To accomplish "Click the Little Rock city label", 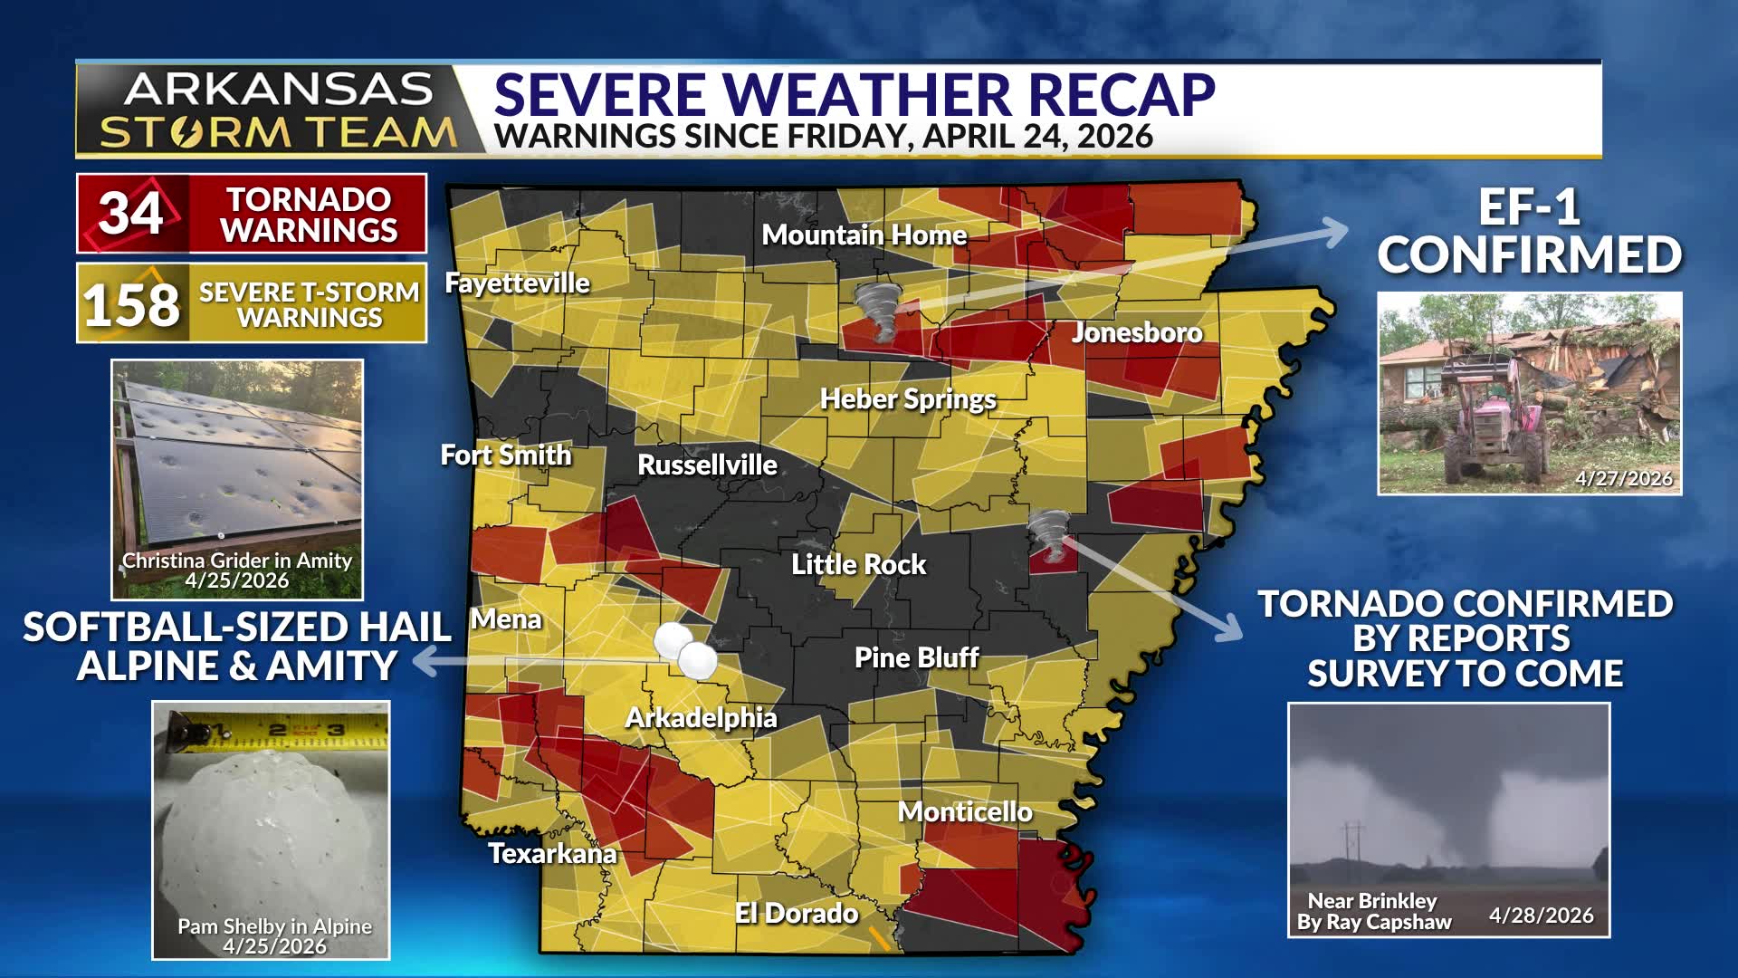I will point(858,564).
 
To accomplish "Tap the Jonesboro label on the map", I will point(1136,332).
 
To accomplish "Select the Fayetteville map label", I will point(517,283).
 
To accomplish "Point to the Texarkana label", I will point(552,853).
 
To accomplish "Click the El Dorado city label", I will point(797,913).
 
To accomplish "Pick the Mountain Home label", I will point(864,235).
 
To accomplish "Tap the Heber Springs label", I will point(908,399).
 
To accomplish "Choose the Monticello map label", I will point(965,811).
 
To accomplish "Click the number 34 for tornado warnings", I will point(132,213).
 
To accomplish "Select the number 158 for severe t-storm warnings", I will point(132,304).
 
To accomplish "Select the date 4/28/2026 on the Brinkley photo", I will point(1541,916).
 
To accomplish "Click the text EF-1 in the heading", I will point(1529,207).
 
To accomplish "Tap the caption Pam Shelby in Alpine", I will point(274,926).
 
